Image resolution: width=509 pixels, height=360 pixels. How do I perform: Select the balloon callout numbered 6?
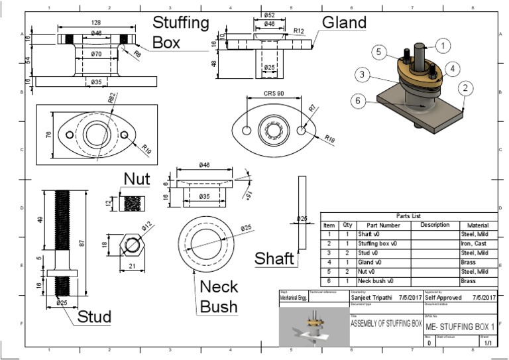point(357,101)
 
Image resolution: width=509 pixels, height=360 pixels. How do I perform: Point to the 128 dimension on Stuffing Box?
point(97,23)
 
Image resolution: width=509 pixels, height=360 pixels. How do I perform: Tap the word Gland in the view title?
point(344,22)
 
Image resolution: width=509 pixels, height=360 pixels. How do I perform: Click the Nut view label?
point(137,179)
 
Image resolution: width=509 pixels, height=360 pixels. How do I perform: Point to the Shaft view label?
point(274,258)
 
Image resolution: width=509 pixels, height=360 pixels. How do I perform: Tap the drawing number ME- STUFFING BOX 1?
point(459,327)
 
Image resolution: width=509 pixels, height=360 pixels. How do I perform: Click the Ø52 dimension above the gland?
point(270,15)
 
